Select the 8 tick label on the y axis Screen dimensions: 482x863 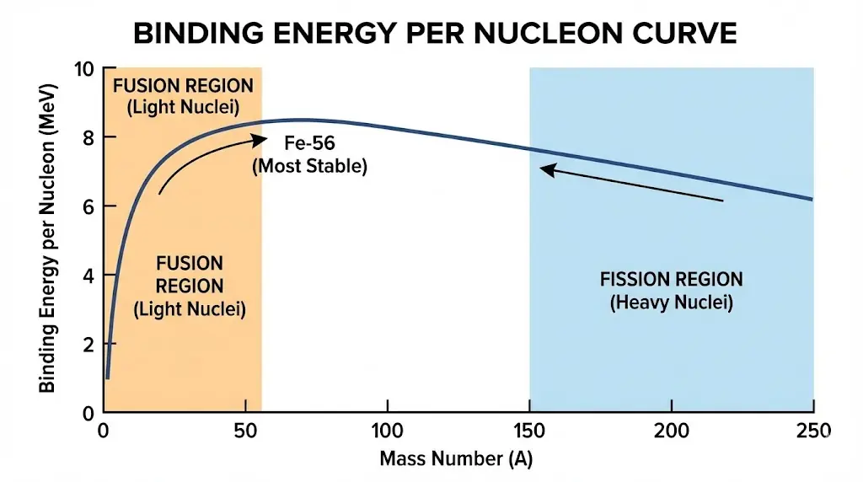coord(88,137)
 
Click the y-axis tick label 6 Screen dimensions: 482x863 coord(88,206)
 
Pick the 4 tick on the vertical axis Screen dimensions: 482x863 coord(88,276)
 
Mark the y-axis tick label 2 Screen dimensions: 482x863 coord(88,345)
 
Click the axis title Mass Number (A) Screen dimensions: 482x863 coord(456,460)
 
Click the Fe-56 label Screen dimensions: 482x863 coord(310,144)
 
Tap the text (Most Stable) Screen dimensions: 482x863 coord(310,166)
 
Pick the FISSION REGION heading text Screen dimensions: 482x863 coord(671,280)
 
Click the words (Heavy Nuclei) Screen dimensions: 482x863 coord(671,303)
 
